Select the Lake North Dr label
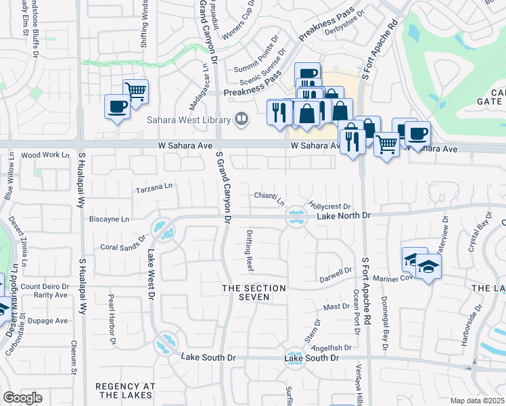(344, 215)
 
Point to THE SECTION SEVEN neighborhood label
(254, 293)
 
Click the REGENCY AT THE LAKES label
(125, 390)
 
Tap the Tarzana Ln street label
(154, 187)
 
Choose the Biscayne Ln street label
(108, 219)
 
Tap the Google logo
(23, 397)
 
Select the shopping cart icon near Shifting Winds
(136, 91)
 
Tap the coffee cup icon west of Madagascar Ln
(117, 106)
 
